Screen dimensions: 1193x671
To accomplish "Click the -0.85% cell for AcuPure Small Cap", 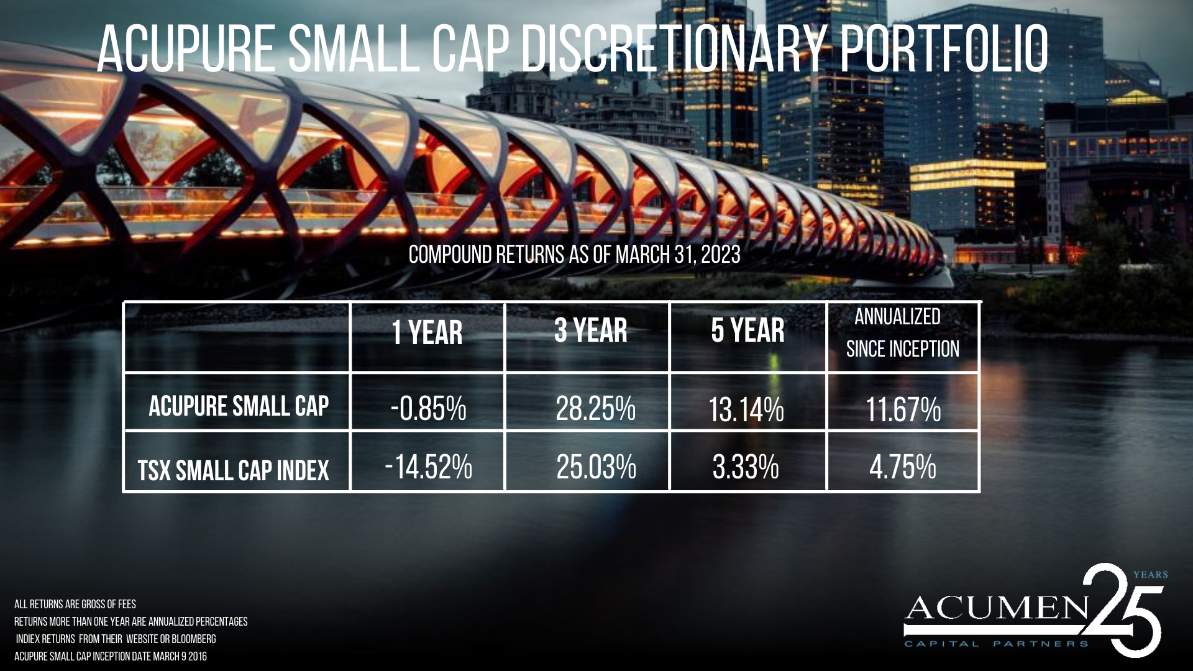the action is pyautogui.click(x=429, y=409).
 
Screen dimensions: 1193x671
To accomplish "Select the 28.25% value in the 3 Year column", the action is pyautogui.click(x=595, y=409).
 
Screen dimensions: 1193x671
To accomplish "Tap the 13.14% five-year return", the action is pyautogui.click(x=746, y=410).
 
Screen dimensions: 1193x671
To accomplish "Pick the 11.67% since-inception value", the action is pyautogui.click(x=903, y=410).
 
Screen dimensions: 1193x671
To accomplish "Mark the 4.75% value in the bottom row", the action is pyautogui.click(x=903, y=467).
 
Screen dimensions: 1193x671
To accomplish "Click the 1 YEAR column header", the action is pyautogui.click(x=427, y=332).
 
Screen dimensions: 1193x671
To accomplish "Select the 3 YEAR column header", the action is pyautogui.click(x=591, y=330).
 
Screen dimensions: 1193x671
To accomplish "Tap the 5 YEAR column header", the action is pyautogui.click(x=747, y=330).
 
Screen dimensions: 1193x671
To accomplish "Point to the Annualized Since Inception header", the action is pyautogui.click(x=902, y=333).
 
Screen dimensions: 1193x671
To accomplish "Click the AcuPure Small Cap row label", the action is pyautogui.click(x=239, y=406).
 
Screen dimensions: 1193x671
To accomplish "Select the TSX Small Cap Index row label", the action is pyautogui.click(x=233, y=470).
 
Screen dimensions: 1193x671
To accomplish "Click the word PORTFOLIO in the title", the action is pyautogui.click(x=944, y=49).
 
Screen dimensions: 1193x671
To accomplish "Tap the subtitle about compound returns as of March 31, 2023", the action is pyautogui.click(x=574, y=255).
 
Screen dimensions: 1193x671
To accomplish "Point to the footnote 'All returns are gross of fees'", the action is pyautogui.click(x=75, y=604).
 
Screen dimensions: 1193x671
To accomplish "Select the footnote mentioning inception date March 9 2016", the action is pyautogui.click(x=111, y=656).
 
